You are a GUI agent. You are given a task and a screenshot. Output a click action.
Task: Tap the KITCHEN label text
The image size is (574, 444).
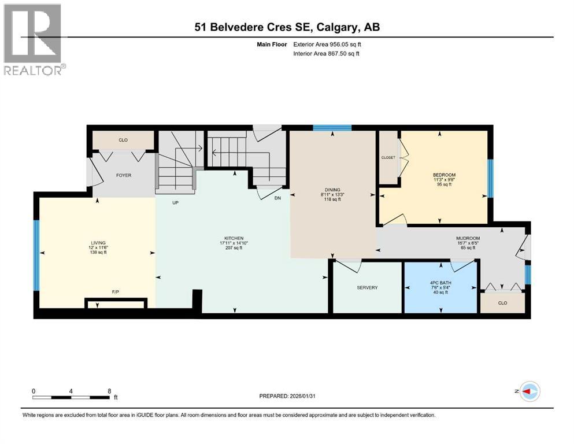pos(234,238)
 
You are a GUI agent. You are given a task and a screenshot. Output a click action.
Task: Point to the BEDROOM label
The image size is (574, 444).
pos(444,175)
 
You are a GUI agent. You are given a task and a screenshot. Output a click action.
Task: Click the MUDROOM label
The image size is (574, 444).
pos(468,238)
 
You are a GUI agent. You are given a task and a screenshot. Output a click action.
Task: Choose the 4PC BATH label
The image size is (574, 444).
pos(441,282)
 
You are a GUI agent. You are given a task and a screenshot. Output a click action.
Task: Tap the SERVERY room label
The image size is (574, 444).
pos(366,287)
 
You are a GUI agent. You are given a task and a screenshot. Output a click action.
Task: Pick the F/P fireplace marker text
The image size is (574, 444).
pos(116,293)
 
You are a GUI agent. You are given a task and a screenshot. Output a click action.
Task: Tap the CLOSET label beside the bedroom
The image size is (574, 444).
pos(387,157)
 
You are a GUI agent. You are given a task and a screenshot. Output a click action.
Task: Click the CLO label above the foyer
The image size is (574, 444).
pos(123,140)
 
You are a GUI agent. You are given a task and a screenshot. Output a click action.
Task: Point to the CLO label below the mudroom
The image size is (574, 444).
pos(502,302)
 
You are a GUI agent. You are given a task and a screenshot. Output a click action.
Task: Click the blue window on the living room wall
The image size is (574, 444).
pos(36,254)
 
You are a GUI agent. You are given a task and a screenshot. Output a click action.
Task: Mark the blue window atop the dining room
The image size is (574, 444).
pos(332,128)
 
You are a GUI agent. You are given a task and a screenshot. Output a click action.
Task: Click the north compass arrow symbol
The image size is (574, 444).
pos(528,391)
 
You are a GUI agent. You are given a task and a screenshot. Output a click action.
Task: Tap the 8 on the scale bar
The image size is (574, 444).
pos(109,391)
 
